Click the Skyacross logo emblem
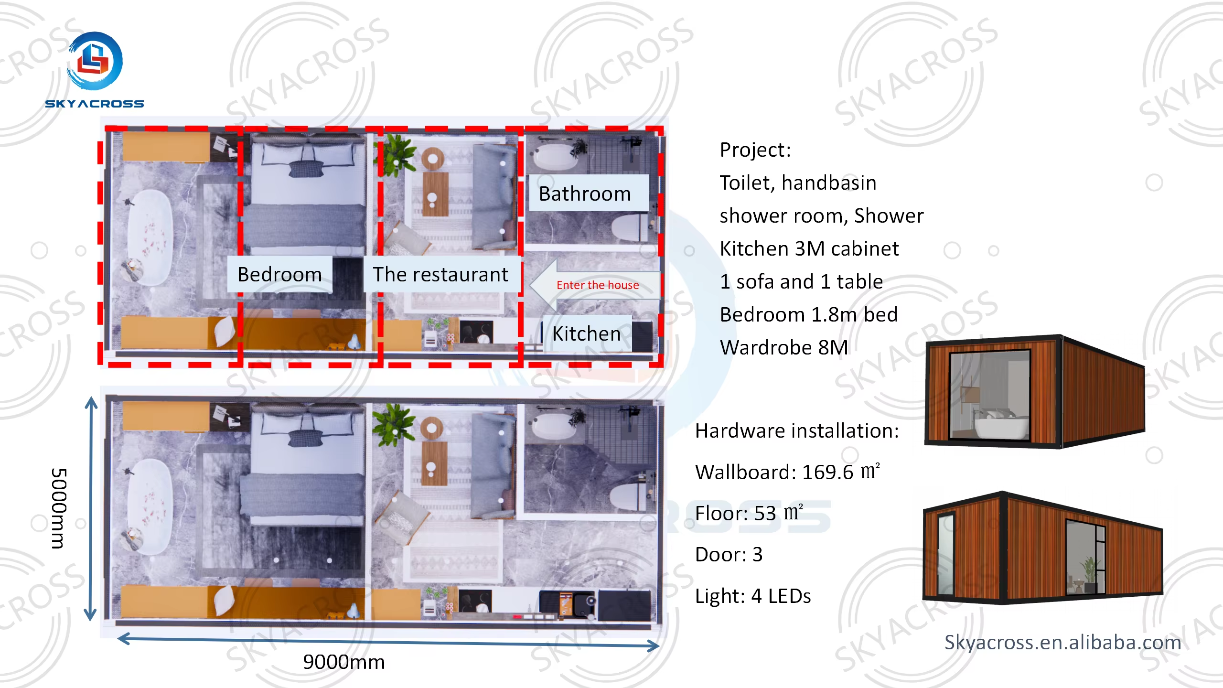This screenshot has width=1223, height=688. [x=95, y=61]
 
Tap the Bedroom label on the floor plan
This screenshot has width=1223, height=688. [x=279, y=275]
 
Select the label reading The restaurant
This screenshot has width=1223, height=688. [x=440, y=275]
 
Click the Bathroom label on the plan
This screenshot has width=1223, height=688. [x=585, y=193]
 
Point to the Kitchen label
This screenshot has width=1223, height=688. [x=587, y=333]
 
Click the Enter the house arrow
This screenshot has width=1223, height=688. [x=595, y=285]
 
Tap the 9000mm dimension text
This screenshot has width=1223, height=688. [x=344, y=662]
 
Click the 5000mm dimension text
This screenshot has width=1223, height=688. [x=59, y=508]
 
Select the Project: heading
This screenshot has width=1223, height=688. [x=755, y=150]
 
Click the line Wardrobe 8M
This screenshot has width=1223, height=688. [x=784, y=347]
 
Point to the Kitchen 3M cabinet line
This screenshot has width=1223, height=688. [x=809, y=249]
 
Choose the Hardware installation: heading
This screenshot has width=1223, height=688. [x=797, y=431]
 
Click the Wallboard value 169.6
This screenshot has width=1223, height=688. [x=827, y=473]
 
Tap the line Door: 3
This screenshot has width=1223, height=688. [x=729, y=555]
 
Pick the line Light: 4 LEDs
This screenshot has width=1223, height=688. [x=753, y=596]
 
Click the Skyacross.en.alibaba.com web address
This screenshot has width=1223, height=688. [x=1062, y=643]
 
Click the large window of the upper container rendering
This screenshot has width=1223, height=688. [x=990, y=395]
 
